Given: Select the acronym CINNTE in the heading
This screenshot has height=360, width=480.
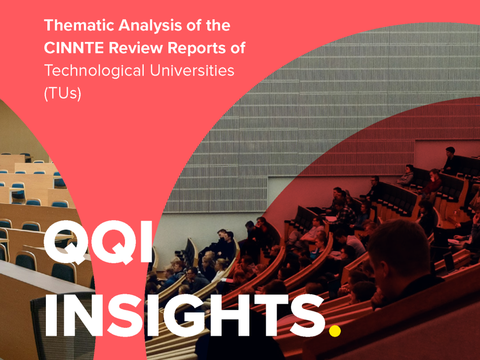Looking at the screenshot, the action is pos(74,48).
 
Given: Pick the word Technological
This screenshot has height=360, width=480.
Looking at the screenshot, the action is pos(94,71).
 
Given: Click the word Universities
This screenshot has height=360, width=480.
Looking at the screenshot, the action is pos(192,71).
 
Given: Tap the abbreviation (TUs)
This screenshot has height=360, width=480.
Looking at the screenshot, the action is pos(63,93).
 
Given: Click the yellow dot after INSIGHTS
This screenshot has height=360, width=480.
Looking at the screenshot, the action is pos(335,330).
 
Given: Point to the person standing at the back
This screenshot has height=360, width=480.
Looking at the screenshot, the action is pos(450,160).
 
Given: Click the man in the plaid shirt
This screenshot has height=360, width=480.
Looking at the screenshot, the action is pos(344,211).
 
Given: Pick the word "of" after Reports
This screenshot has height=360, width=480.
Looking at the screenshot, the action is pos(238,48).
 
